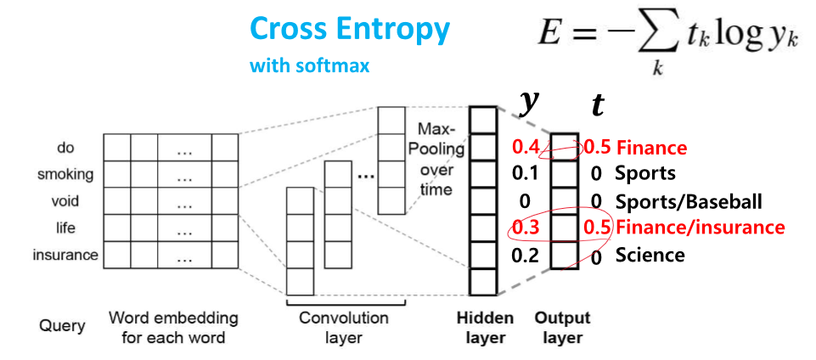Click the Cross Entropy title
click(349, 29)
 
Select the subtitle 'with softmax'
click(309, 65)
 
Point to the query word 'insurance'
click(65, 255)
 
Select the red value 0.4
click(526, 147)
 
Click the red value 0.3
click(526, 227)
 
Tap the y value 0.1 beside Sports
click(526, 174)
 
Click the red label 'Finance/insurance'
click(700, 228)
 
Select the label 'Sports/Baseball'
click(688, 201)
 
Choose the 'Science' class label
click(650, 255)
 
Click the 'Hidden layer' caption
click(485, 328)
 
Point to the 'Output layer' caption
click(562, 328)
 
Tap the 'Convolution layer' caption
click(343, 328)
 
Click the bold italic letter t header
click(598, 105)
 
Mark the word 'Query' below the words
click(61, 326)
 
